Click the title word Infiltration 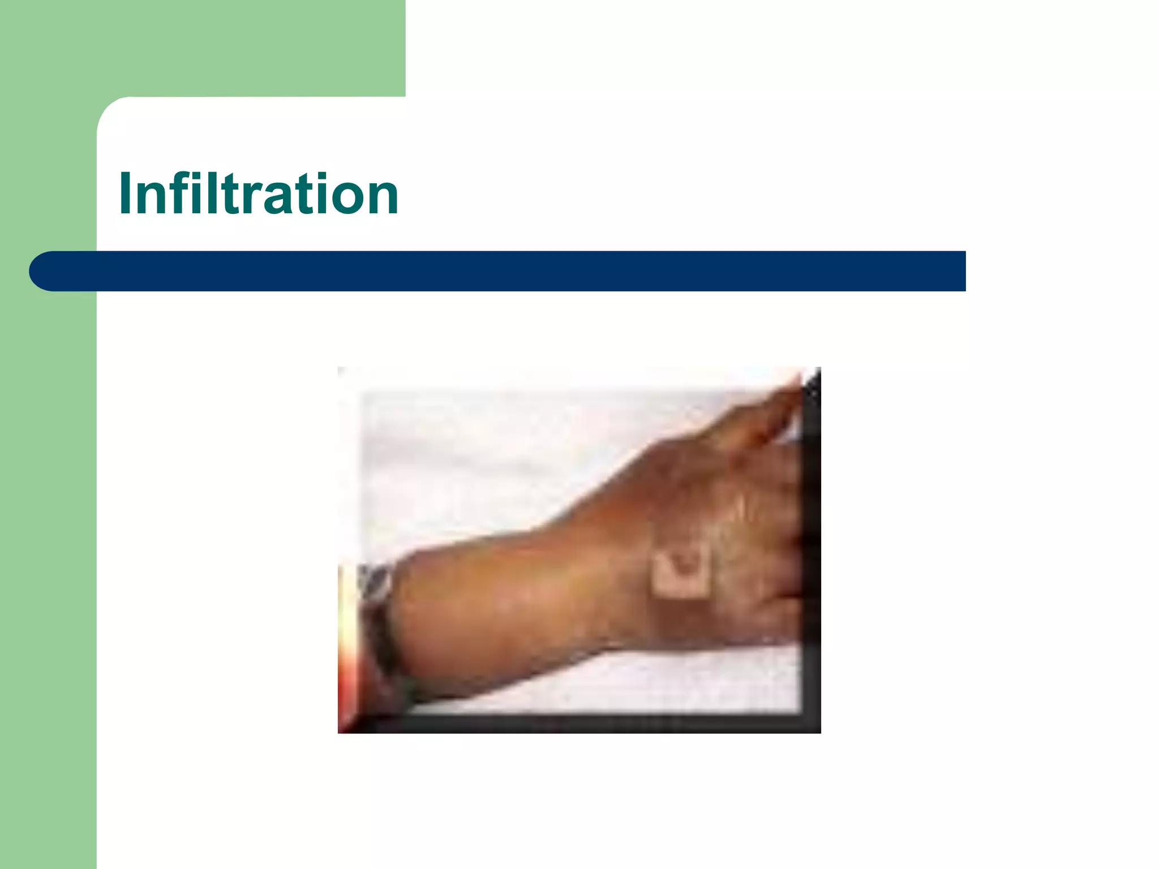[x=259, y=193]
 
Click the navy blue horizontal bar [x=509, y=271]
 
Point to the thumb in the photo [x=775, y=407]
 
